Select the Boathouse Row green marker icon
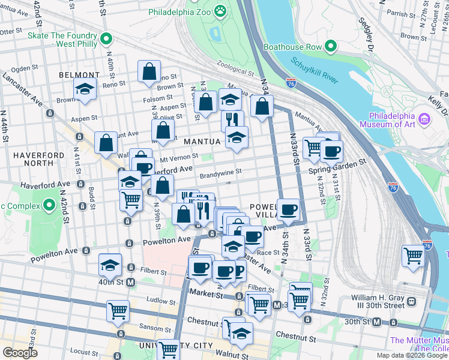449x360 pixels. tap(330, 46)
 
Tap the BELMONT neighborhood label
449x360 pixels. tap(79, 75)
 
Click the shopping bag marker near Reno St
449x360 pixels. tap(149, 71)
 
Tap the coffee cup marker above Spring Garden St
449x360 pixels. tap(331, 151)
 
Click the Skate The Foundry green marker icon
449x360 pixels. tap(106, 39)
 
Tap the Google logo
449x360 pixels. tap(20, 352)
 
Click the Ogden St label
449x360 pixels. tap(25, 69)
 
